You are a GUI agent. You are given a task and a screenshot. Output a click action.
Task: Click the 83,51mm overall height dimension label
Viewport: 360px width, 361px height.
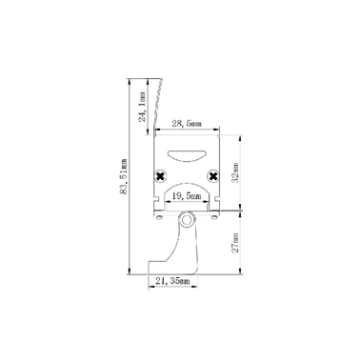[x=124, y=176]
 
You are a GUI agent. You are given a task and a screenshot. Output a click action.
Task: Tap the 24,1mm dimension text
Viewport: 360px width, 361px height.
[x=143, y=108]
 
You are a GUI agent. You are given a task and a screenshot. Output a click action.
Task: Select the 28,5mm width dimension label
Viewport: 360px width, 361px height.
[x=187, y=124]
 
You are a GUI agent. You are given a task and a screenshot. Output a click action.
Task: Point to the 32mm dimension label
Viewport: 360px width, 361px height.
[x=235, y=172]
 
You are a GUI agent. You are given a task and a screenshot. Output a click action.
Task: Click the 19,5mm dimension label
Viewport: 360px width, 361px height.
[x=187, y=196]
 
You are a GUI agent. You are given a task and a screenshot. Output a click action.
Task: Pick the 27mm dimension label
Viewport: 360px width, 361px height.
[x=235, y=243]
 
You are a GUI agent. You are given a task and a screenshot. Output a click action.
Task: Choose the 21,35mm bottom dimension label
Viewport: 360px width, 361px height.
[x=172, y=281]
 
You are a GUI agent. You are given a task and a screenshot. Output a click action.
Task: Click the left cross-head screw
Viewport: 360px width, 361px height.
[x=160, y=176]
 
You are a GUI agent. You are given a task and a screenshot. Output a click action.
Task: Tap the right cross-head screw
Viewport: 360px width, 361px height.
[x=213, y=176]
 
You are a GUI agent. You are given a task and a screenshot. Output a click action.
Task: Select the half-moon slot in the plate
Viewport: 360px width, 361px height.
[x=187, y=155]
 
